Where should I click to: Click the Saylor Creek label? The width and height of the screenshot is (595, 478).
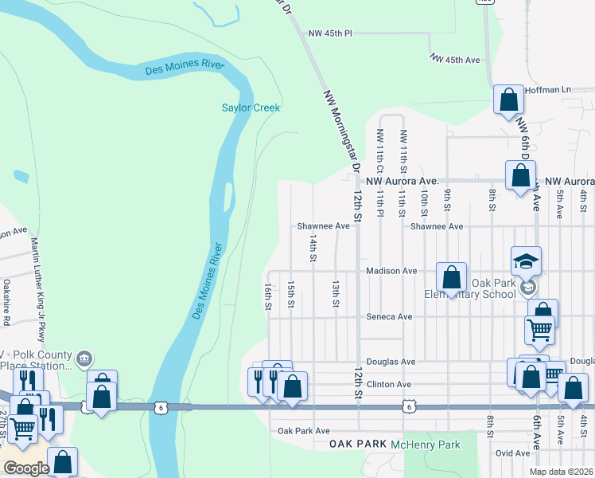[x=251, y=108]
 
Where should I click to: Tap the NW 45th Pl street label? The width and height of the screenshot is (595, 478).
[x=330, y=33]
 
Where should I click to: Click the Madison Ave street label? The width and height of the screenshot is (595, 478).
[x=391, y=271]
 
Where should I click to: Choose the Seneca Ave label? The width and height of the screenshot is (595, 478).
[x=389, y=316]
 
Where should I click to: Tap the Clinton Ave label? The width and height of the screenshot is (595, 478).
[x=388, y=385]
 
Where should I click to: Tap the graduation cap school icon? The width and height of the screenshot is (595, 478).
[x=526, y=261]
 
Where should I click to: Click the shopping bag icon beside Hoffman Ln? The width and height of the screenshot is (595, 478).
[x=508, y=101]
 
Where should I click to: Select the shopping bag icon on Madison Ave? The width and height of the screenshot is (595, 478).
[x=451, y=278]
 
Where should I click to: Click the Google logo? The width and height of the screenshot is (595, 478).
[x=26, y=468]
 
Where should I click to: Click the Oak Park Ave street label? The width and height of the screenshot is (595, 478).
[x=298, y=431]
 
